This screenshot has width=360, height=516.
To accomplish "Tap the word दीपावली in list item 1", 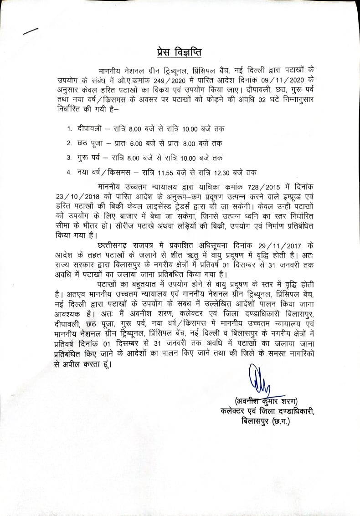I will coord(89,129).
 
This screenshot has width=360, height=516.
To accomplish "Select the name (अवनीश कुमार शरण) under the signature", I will coord(265,401).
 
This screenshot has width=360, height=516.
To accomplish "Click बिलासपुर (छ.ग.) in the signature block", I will coord(266,422).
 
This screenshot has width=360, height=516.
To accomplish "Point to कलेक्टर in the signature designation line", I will coord(234,412).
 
